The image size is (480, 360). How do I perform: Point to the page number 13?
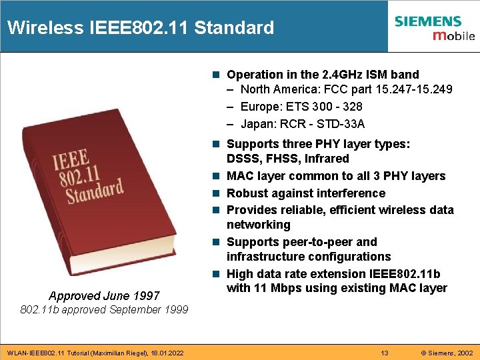click(x=384, y=352)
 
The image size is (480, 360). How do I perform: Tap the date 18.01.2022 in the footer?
click(x=167, y=352)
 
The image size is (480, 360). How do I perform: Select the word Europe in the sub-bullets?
click(x=259, y=107)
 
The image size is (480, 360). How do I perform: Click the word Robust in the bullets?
click(x=247, y=193)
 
